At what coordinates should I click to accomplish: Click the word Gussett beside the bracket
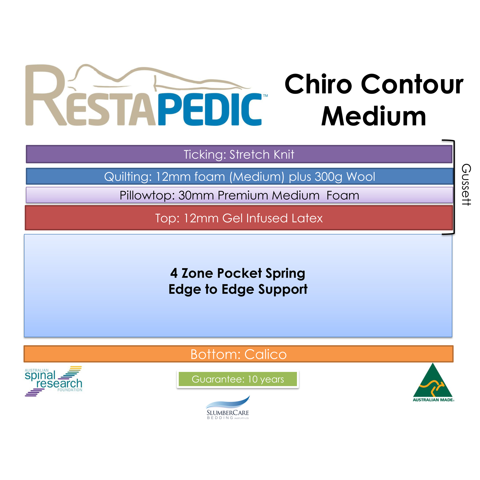(466, 185)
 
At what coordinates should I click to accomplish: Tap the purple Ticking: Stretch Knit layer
(239, 154)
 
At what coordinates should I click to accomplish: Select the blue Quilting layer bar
(239, 176)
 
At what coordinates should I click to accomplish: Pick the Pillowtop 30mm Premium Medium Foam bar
(239, 195)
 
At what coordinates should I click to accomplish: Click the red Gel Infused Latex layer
(239, 218)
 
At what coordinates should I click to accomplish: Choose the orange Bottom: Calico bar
(238, 354)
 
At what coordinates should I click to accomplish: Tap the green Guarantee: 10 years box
(238, 379)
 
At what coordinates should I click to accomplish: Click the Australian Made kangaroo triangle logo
(433, 382)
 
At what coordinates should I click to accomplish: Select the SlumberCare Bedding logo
(228, 407)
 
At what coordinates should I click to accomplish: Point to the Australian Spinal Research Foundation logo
(53, 381)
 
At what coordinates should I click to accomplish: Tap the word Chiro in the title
(318, 84)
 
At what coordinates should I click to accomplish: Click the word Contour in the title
(412, 84)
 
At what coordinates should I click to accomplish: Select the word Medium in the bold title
(373, 116)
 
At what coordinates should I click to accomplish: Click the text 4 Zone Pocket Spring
(238, 273)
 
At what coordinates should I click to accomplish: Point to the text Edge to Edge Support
(238, 289)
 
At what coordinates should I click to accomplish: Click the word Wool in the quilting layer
(361, 176)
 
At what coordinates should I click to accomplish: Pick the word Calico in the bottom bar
(265, 354)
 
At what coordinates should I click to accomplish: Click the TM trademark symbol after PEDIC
(265, 96)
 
